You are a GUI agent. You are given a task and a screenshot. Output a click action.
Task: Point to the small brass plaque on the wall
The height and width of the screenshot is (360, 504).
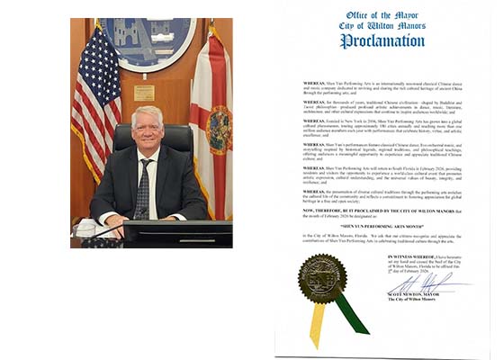tap(144, 93)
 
